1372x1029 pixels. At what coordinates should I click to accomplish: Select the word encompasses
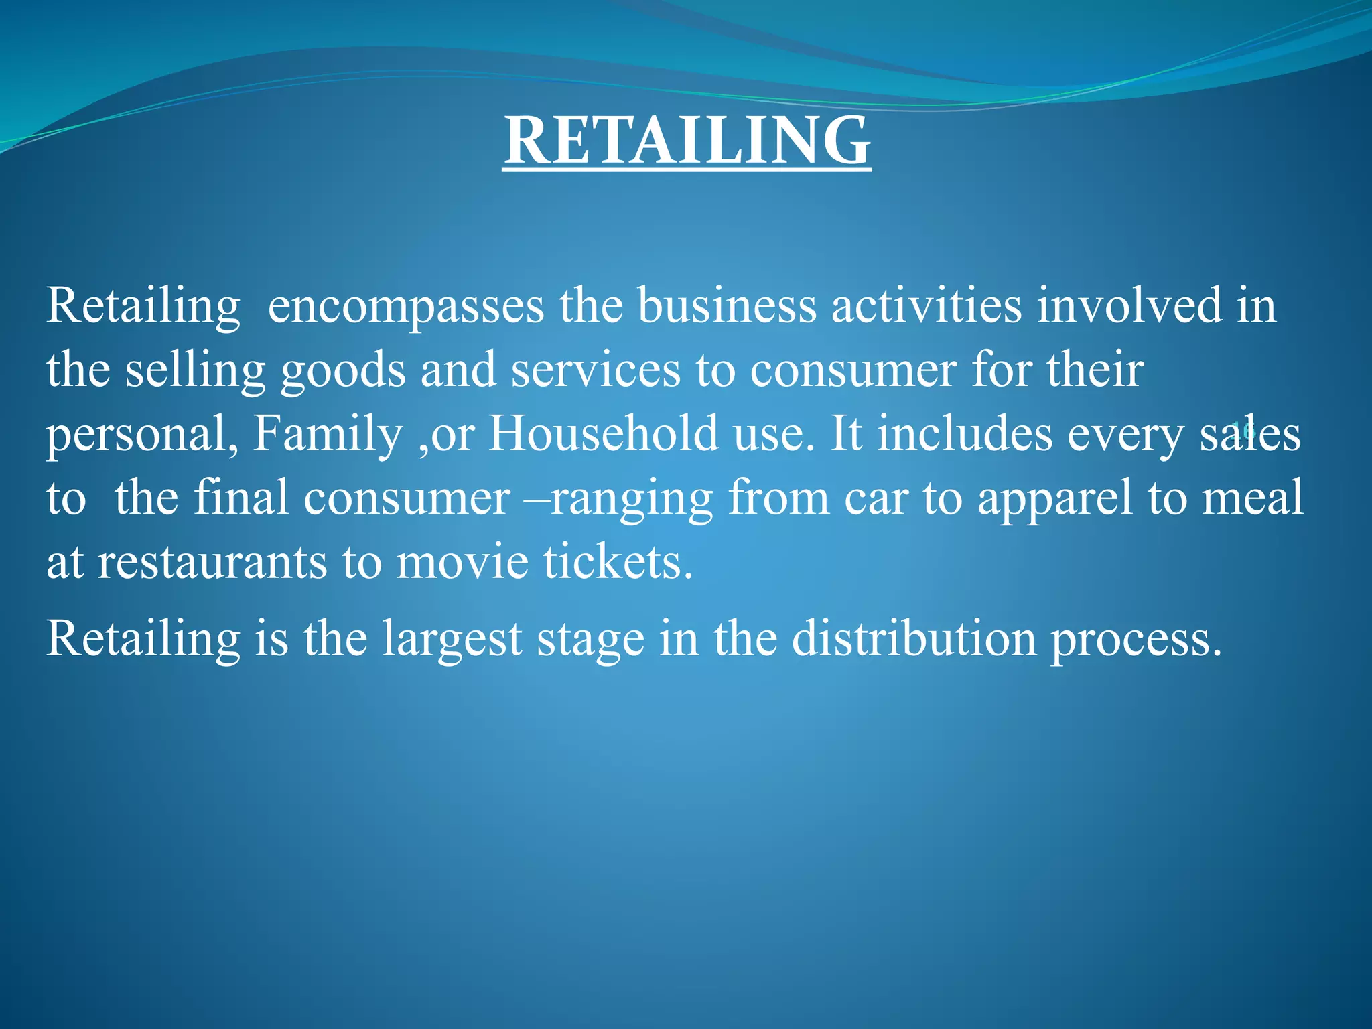pos(405,305)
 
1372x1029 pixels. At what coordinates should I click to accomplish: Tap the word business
pos(726,305)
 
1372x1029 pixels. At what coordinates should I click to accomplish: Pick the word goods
pos(343,370)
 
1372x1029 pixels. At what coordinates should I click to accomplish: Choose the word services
pos(595,370)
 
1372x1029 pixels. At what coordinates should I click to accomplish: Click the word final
pos(241,498)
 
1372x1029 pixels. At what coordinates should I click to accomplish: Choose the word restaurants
pos(212,562)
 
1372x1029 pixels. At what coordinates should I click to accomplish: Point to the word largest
pos(452,639)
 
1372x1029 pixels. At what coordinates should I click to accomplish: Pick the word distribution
pos(914,638)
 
